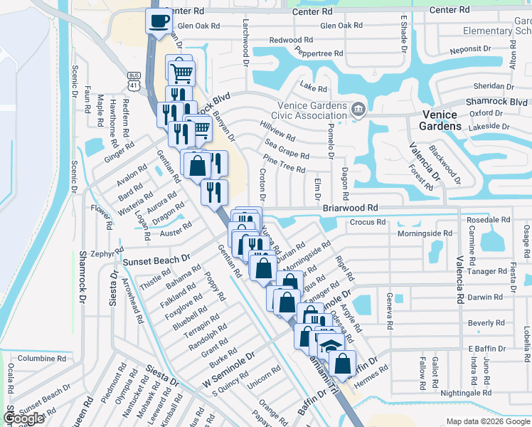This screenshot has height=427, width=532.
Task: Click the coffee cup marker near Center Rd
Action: [158, 20]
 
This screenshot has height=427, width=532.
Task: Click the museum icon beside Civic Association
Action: [358, 110]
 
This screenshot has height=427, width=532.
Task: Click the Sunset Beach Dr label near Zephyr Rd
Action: [157, 261]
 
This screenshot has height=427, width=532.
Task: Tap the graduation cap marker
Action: [329, 346]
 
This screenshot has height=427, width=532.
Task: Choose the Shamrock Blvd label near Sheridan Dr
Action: [495, 102]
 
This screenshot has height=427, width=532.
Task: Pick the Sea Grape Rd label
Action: [285, 151]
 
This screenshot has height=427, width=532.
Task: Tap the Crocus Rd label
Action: [368, 222]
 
